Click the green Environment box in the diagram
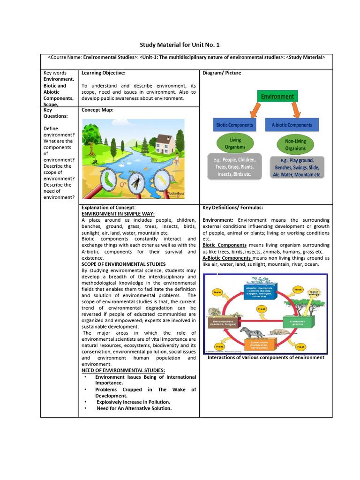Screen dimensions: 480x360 pyautogui.click(x=277, y=97)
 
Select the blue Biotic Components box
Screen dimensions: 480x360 pyautogui.click(x=234, y=125)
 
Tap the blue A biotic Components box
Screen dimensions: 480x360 pyautogui.click(x=292, y=125)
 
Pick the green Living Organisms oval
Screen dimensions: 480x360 pyautogui.click(x=235, y=143)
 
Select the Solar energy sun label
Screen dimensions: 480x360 pyautogui.click(x=314, y=292)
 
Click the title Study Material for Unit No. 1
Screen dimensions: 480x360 pyautogui.click(x=180, y=45)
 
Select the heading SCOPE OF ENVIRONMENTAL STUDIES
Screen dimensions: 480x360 pyautogui.click(x=123, y=264)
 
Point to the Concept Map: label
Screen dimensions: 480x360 pyautogui.click(x=97, y=110)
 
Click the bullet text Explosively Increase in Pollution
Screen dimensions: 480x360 pyautogui.click(x=133, y=402)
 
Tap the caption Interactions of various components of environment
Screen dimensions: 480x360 pyautogui.click(x=266, y=357)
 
